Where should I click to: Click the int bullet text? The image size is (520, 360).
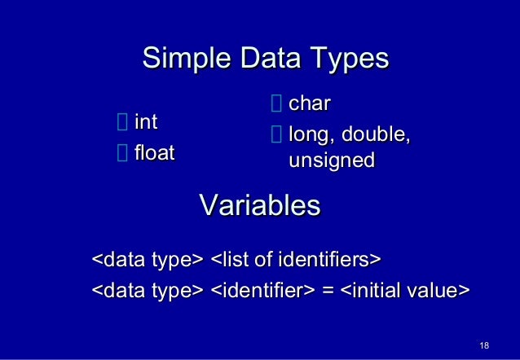146,122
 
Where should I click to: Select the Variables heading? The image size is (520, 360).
259,204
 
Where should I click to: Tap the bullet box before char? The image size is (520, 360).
275,104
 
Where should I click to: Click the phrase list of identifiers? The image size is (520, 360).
296,261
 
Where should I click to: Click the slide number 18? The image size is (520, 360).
484,346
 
